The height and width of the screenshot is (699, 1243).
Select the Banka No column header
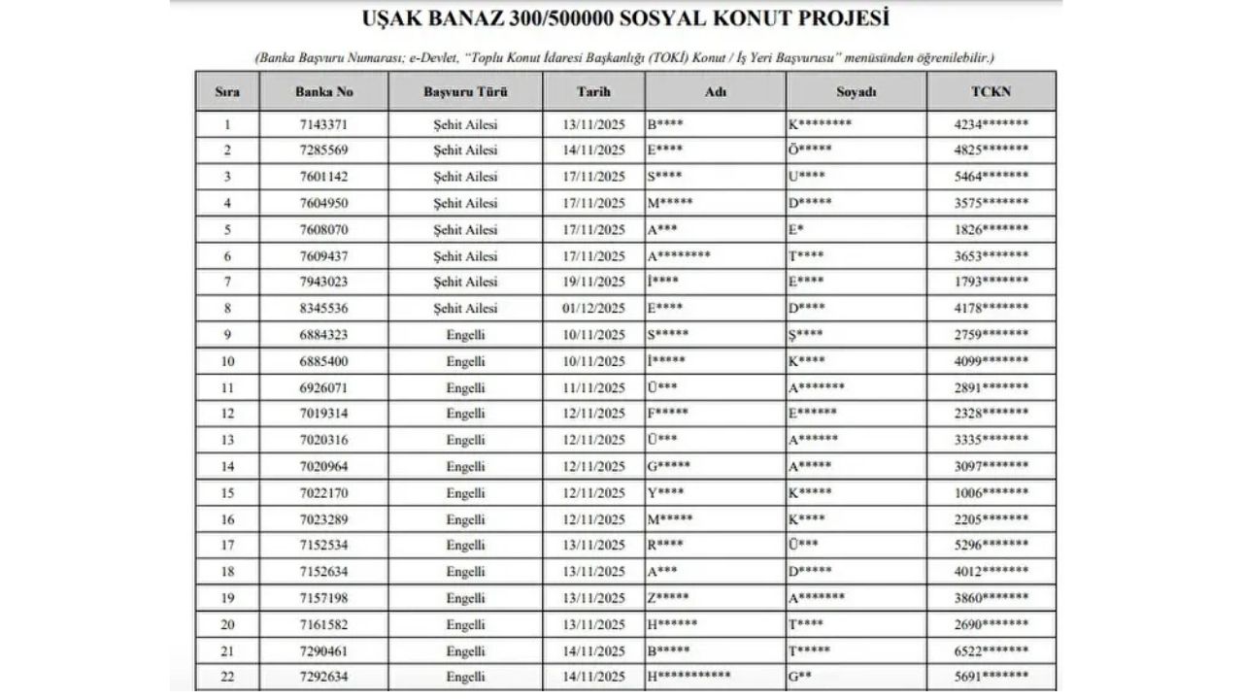pos(323,92)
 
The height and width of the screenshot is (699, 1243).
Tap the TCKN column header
pos(991,92)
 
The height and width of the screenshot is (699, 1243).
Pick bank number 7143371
pos(323,124)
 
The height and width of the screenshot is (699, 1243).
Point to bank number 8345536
pos(323,309)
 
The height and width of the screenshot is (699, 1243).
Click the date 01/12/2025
pos(594,309)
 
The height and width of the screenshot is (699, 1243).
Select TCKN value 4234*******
pos(991,124)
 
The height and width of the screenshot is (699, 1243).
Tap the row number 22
pos(228,677)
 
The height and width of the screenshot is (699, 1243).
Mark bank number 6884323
pos(323,335)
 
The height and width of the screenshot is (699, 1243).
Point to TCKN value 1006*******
pos(991,493)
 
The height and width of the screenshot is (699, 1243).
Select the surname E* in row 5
pos(795,230)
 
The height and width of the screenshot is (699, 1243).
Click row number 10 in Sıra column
pos(228,361)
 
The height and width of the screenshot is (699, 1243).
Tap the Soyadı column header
pos(856,92)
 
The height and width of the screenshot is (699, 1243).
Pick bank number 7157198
pos(323,598)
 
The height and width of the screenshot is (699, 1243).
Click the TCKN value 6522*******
pos(991,650)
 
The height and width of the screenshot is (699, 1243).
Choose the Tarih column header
pos(593,92)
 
